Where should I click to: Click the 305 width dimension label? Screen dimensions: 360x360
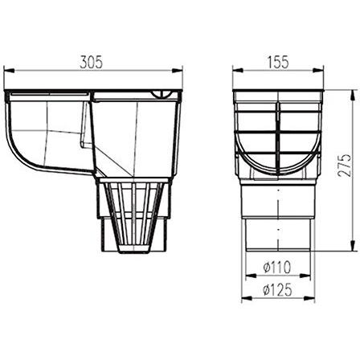91,63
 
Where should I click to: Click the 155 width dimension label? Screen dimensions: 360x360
278,62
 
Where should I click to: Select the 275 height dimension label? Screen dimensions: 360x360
344,165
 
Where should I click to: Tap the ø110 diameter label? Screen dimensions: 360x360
276,267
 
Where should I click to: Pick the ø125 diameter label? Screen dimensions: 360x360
277,289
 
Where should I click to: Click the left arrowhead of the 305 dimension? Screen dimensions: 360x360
8,71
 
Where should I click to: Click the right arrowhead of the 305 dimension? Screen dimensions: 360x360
178,71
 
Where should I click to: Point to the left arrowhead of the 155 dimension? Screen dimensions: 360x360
238,70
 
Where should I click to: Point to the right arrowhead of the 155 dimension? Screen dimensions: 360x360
318,70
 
